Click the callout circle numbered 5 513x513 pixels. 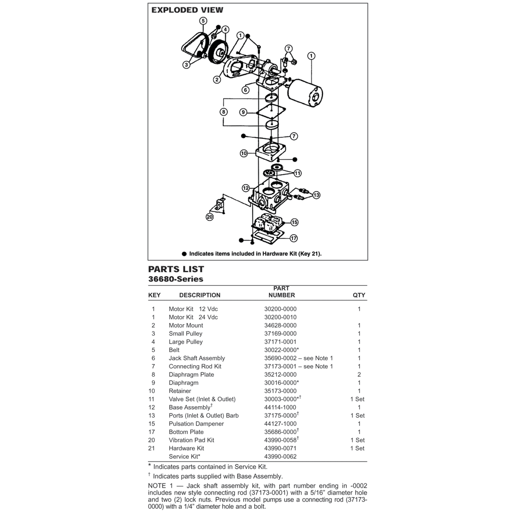click(203, 21)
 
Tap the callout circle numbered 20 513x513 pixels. click(210, 217)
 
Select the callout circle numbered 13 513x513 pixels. click(316, 195)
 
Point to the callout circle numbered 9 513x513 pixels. click(243, 112)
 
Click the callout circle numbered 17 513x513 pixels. click(294, 238)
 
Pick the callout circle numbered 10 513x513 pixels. click(244, 153)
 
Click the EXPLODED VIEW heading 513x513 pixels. click(187, 10)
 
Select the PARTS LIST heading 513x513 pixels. click(176, 269)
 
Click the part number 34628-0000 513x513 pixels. click(280, 325)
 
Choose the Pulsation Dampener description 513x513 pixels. click(196, 424)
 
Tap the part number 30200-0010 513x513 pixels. click(280, 317)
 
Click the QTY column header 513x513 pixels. click(359, 295)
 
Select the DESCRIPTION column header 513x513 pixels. click(199, 295)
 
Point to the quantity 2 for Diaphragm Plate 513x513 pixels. click(359, 375)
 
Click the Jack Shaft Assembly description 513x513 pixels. click(197, 358)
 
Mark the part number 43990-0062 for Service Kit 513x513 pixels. click(280, 457)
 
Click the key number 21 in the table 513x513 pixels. click(153, 448)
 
